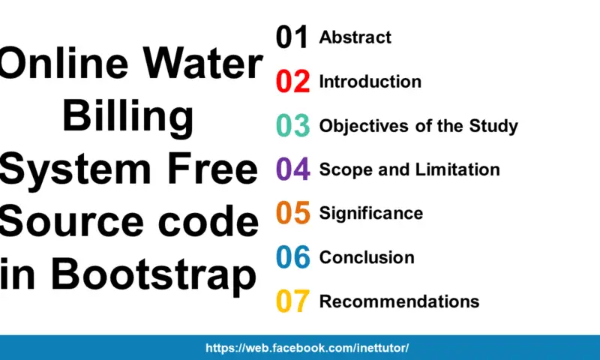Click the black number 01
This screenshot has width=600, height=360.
[292, 37]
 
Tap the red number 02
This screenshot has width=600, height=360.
[292, 82]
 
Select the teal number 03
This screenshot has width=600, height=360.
[292, 126]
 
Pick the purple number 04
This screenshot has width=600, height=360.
[292, 169]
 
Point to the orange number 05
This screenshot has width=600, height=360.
[292, 213]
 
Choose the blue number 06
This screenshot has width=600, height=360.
[292, 257]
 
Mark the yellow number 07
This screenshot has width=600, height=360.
[292, 301]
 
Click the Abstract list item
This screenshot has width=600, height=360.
[355, 37]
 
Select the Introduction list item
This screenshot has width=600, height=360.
[370, 81]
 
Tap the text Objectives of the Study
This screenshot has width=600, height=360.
[418, 125]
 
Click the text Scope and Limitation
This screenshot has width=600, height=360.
[409, 169]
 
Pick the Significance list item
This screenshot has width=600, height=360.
[370, 213]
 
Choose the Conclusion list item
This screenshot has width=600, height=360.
[367, 257]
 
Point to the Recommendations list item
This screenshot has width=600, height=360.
[399, 301]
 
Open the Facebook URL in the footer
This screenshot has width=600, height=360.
[307, 348]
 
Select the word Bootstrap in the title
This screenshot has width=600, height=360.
[153, 274]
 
